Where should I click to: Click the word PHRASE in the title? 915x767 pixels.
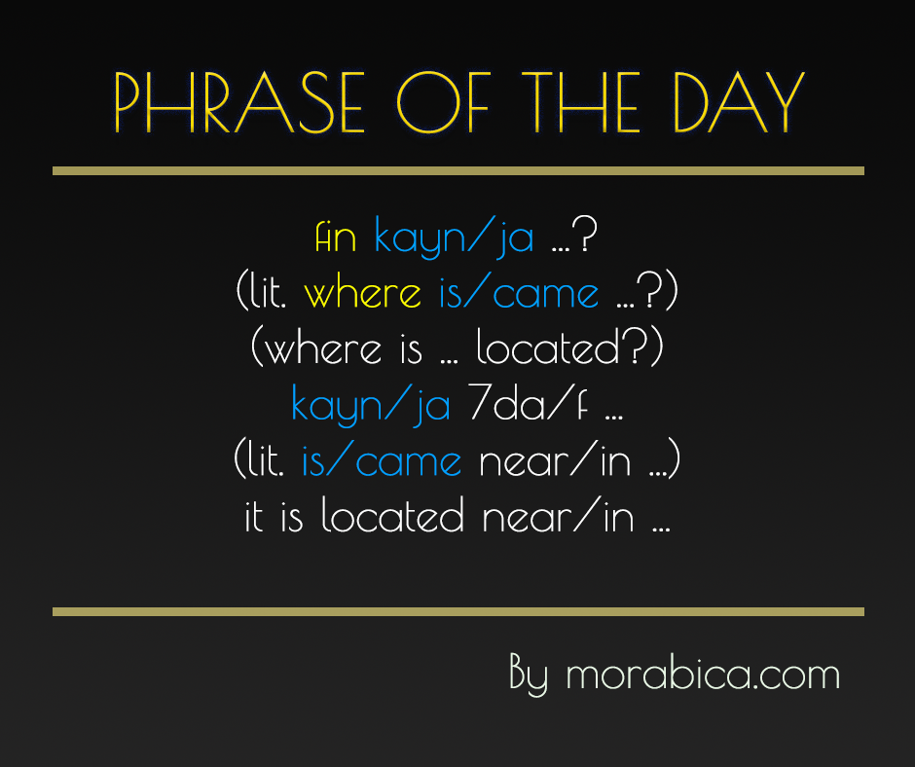[x=238, y=103]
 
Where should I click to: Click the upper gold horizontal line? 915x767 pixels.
[x=457, y=170]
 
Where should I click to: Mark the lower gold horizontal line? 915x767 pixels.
[x=457, y=611]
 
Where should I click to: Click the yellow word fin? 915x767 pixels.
[x=337, y=237]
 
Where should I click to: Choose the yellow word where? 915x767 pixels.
[x=362, y=294]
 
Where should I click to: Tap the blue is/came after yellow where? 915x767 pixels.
[x=519, y=294]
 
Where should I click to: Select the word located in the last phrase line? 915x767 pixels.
[x=395, y=517]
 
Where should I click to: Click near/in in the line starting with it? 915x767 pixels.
[x=559, y=517]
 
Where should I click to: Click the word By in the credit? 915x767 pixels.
[x=530, y=675]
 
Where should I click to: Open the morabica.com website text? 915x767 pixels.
[x=703, y=675]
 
